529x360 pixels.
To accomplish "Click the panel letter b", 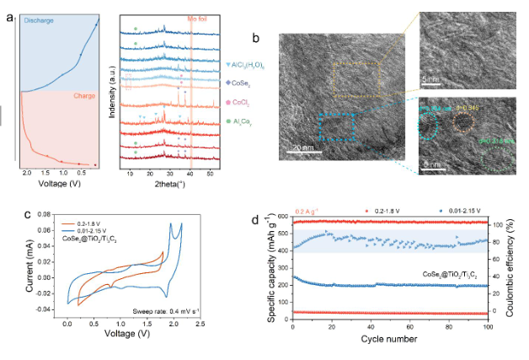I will click(x=256, y=37).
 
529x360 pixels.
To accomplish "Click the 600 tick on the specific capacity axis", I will click(x=284, y=218).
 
